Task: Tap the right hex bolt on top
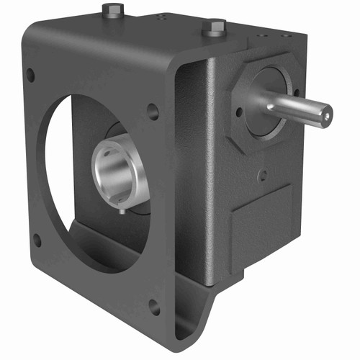[213, 29]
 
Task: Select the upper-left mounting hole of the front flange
[30, 73]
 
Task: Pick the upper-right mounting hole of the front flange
[153, 112]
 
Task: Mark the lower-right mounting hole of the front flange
[153, 306]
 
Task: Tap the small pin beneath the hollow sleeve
[125, 210]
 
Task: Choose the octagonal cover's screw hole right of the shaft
[296, 92]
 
